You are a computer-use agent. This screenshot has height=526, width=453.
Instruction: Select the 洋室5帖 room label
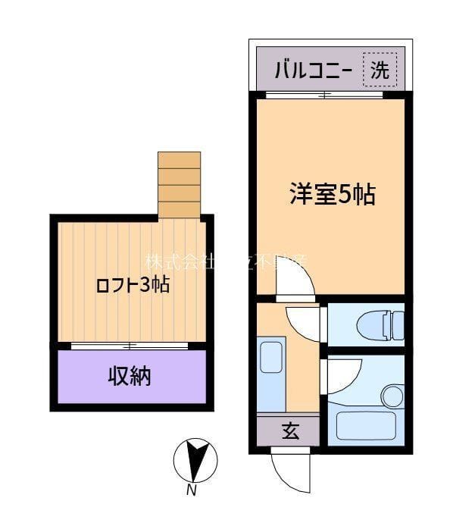pos(332,195)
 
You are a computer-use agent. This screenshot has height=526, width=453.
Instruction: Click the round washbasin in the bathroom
pos(392,396)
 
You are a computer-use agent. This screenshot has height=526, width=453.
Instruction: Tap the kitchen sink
pos(270,357)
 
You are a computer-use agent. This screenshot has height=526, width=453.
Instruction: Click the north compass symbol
pos(195,461)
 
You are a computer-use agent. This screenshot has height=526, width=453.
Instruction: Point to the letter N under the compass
pos(192,491)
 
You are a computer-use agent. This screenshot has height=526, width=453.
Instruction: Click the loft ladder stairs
pos(180,185)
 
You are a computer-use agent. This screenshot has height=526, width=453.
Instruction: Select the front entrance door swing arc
pos(292,470)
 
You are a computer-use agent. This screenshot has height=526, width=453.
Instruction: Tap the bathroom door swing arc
pos(342,374)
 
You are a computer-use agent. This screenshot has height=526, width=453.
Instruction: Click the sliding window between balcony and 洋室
pos(325,95)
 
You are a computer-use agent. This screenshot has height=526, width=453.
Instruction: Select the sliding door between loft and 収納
pos(130,346)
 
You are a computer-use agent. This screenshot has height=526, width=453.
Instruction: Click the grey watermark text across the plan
pos(227,262)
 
